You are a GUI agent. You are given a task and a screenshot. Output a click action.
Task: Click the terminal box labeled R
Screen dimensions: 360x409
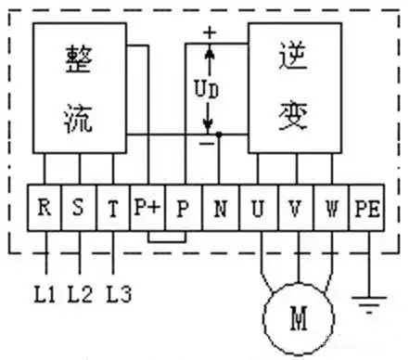[43, 206]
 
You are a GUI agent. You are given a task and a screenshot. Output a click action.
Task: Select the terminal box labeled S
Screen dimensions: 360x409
[78, 206]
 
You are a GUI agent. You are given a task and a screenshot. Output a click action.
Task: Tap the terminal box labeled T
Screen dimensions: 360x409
[113, 206]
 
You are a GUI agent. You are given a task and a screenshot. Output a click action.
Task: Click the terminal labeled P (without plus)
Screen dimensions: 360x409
[183, 206]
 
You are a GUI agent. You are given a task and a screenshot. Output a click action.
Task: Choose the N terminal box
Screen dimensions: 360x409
[219, 206]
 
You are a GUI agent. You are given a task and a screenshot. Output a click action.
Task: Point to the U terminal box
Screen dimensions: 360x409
[257, 206]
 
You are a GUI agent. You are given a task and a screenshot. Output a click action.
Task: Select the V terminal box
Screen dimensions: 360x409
[294, 206]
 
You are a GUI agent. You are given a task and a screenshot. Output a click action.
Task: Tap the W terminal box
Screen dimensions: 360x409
[330, 206]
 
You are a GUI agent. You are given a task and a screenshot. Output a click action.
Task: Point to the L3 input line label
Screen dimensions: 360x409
[118, 296]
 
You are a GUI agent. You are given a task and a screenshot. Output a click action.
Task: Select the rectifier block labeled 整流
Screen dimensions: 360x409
[81, 88]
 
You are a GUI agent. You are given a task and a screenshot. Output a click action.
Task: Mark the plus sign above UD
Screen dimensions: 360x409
[210, 32]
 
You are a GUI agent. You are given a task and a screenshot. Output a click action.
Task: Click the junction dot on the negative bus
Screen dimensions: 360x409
[220, 135]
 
